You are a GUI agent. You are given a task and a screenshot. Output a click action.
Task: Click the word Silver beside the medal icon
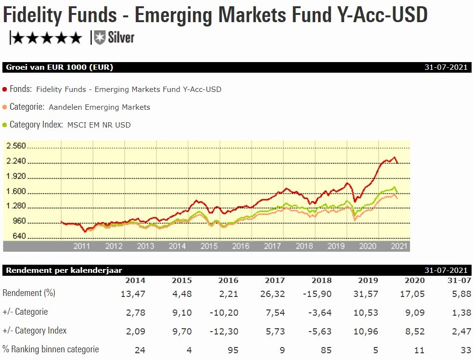click(x=121, y=38)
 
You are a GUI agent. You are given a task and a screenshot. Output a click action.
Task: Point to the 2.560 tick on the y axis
click(x=16, y=146)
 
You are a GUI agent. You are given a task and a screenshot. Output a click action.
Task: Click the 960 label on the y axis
click(x=19, y=222)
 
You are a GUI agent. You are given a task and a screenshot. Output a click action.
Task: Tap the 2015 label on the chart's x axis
click(x=209, y=246)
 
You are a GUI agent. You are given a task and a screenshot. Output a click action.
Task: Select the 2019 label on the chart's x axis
click(x=336, y=246)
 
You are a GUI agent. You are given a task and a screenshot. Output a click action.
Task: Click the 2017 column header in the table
click(x=275, y=281)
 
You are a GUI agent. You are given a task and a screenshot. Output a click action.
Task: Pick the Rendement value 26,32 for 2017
click(x=275, y=294)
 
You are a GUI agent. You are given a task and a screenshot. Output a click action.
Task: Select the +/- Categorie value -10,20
click(x=224, y=312)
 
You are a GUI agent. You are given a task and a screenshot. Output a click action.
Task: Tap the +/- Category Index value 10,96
click(x=368, y=331)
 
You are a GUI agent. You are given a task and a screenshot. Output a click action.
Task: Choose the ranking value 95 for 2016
click(x=233, y=350)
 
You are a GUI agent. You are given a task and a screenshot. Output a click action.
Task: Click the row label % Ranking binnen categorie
click(x=51, y=349)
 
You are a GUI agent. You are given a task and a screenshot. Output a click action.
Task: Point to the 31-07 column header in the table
click(x=457, y=281)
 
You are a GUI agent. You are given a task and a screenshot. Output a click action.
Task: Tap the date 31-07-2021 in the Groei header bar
click(x=446, y=67)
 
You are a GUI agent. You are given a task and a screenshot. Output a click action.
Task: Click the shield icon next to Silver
click(x=100, y=37)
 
